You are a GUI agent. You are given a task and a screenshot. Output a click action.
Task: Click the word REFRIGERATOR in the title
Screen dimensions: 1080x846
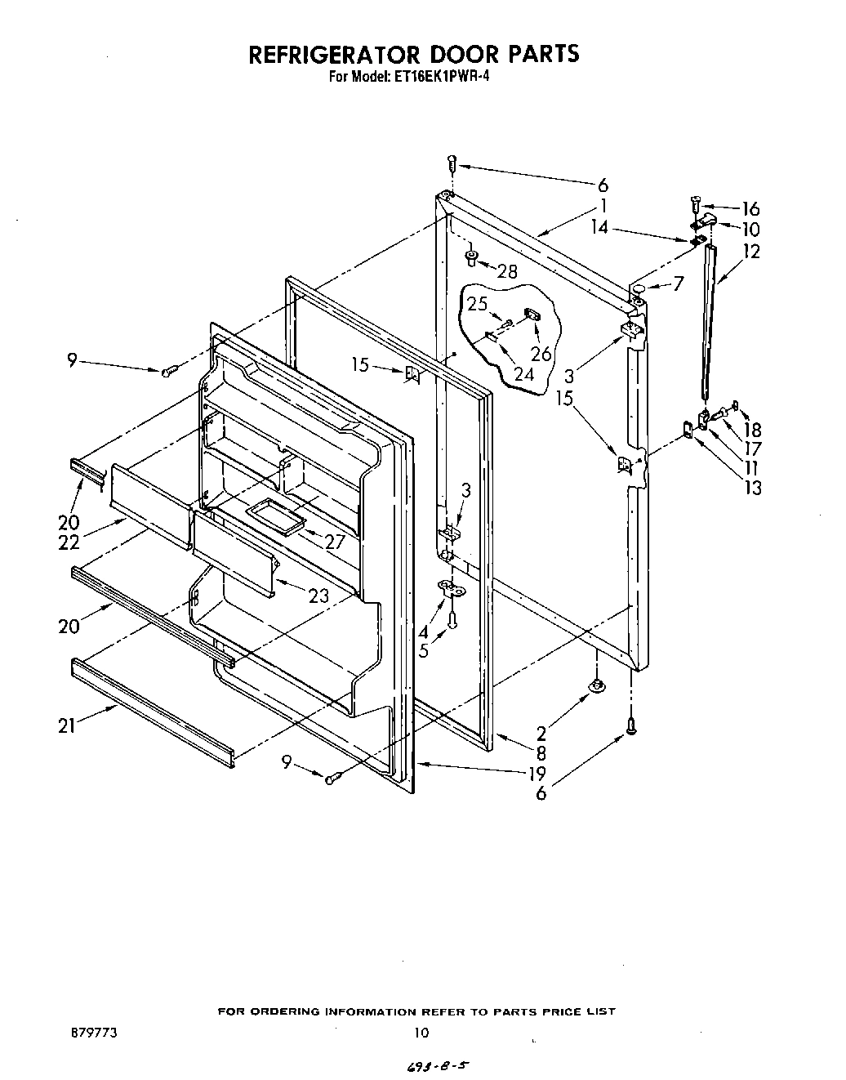[336, 54]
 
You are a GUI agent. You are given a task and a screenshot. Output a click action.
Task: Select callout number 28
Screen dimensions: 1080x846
[507, 272]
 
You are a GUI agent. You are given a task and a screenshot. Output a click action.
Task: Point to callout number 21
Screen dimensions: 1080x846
[66, 725]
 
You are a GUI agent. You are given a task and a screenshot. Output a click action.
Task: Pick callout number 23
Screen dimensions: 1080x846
[319, 596]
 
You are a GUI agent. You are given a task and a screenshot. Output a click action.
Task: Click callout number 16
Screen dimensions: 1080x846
[750, 209]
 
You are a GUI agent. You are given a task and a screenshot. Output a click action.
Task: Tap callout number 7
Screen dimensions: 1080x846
[678, 283]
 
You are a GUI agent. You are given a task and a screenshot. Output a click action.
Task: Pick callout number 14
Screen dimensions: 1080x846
[599, 227]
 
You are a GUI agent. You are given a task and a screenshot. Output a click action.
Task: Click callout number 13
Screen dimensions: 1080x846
[753, 488]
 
